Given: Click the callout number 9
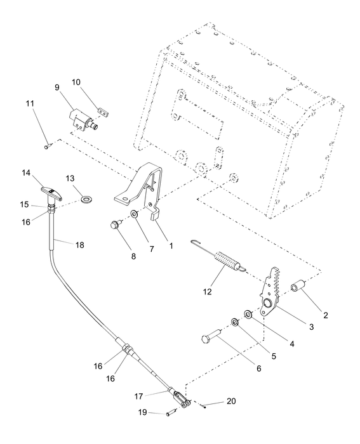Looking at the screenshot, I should [57, 87].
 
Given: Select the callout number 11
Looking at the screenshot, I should [30, 103].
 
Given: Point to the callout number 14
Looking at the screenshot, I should [26, 173].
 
